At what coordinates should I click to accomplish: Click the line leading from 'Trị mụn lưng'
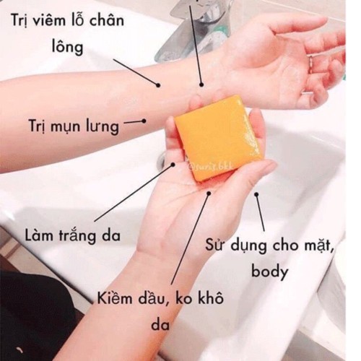pos(135,123)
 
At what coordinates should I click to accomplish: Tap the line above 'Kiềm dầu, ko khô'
pos(191,238)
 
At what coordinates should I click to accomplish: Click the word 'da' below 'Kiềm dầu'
pos(160,324)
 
